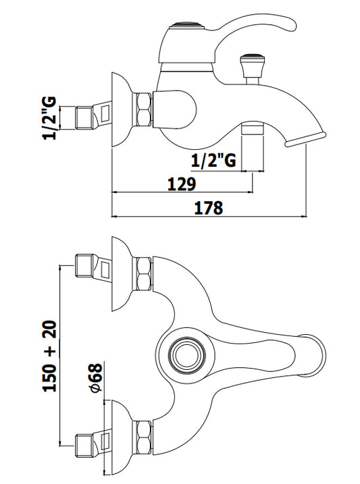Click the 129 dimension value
pyautogui.click(x=182, y=184)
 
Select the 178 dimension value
pyautogui.click(x=209, y=208)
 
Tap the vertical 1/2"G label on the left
pyautogui.click(x=50, y=118)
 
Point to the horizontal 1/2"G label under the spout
pyautogui.click(x=213, y=160)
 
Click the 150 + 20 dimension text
pyautogui.click(x=50, y=356)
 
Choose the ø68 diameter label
pyautogui.click(x=96, y=379)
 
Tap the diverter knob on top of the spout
pyautogui.click(x=251, y=66)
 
